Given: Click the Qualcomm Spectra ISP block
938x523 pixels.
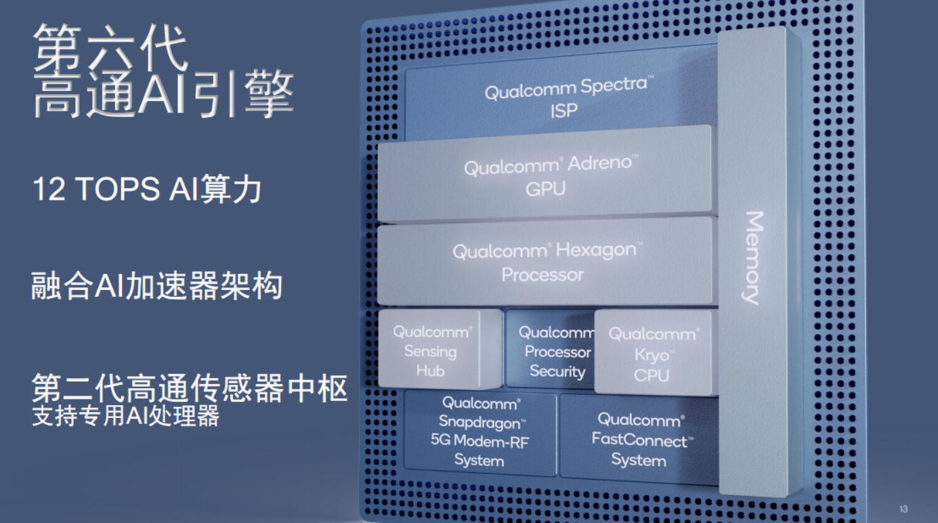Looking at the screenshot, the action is click(x=561, y=98).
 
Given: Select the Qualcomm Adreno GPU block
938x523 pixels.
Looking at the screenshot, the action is click(x=545, y=176).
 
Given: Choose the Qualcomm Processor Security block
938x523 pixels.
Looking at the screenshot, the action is click(x=551, y=350).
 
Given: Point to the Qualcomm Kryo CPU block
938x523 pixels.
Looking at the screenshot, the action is click(x=654, y=352).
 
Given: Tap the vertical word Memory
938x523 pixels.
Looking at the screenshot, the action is click(x=753, y=258).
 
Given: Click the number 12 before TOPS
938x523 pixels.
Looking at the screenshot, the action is click(x=49, y=189).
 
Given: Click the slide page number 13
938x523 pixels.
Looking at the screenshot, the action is click(x=903, y=509).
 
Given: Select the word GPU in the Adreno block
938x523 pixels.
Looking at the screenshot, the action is click(x=545, y=189).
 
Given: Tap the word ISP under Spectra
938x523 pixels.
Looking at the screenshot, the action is click(x=563, y=110).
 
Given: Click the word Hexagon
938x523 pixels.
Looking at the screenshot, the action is click(x=596, y=250).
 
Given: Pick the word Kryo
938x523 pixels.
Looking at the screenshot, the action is click(x=652, y=355).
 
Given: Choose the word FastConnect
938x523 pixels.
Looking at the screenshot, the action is click(x=639, y=440).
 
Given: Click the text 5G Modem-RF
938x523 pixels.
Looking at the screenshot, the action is click(x=480, y=441).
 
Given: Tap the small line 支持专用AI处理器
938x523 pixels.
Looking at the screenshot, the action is click(x=125, y=415).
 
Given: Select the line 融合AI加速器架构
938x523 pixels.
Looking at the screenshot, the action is click(x=157, y=286).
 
